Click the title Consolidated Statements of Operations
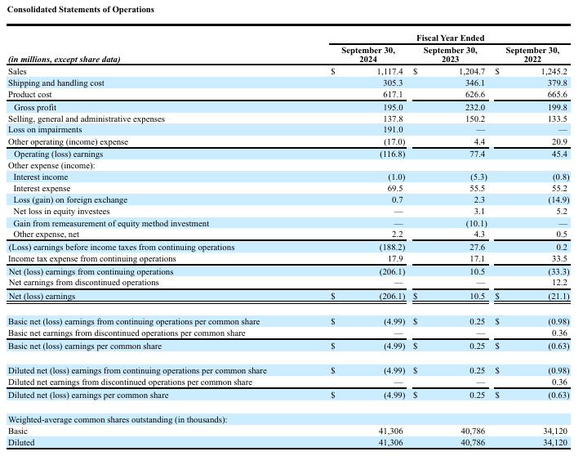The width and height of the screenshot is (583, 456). pos(80,9)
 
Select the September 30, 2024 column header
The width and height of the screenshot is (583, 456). pos(368,55)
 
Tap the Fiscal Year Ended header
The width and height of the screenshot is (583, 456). pos(450,38)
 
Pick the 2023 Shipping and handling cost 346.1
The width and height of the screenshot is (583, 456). pos(473,83)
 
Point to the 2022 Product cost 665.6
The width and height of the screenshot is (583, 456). pos(554,95)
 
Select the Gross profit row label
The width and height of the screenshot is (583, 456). pos(37,107)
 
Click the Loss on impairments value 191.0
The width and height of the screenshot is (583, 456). pos(392,130)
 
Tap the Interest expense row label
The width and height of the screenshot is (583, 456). pos(42,189)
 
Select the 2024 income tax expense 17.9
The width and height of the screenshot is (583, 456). pos(395,259)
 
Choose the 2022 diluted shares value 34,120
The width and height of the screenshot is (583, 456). pos(553,442)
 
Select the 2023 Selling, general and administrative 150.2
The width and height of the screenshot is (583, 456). pos(473,118)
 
